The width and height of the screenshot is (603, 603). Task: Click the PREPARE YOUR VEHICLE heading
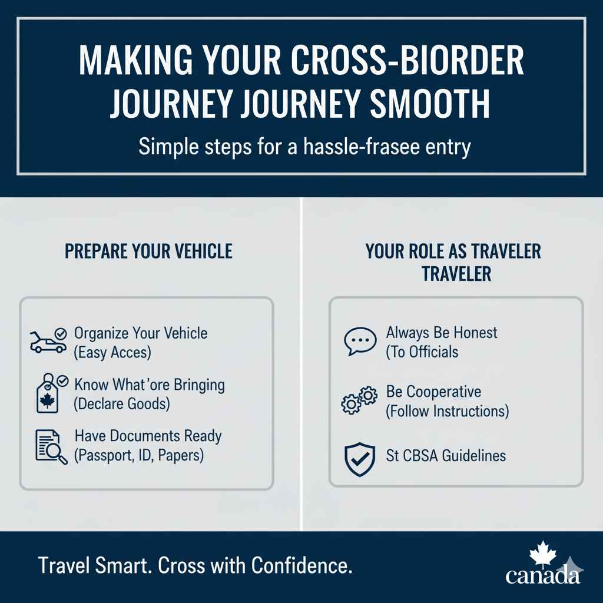pyautogui.click(x=148, y=251)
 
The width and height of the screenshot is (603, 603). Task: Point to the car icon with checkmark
pyautogui.click(x=48, y=341)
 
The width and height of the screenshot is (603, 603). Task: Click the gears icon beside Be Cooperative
pyautogui.click(x=359, y=400)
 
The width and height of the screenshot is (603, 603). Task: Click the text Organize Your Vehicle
pyautogui.click(x=141, y=333)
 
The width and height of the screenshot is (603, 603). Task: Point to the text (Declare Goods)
pyautogui.click(x=122, y=405)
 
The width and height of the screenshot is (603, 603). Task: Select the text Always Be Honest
pyautogui.click(x=442, y=332)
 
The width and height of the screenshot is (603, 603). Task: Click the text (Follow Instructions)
pyautogui.click(x=447, y=410)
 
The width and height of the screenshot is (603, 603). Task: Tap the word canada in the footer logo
pyautogui.click(x=542, y=575)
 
